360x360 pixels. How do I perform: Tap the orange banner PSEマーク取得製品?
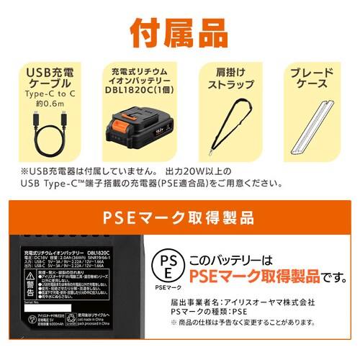point(180,215)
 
